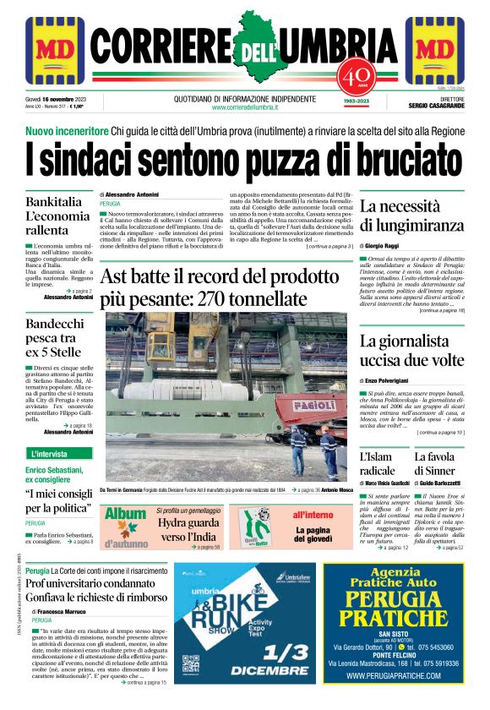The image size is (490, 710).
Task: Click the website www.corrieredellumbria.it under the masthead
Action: click(x=245, y=108)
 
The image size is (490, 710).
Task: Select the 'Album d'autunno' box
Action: click(x=125, y=527)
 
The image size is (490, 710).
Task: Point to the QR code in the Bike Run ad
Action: click(x=191, y=663)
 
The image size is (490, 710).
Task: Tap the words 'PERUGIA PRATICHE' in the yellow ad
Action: click(x=395, y=609)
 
